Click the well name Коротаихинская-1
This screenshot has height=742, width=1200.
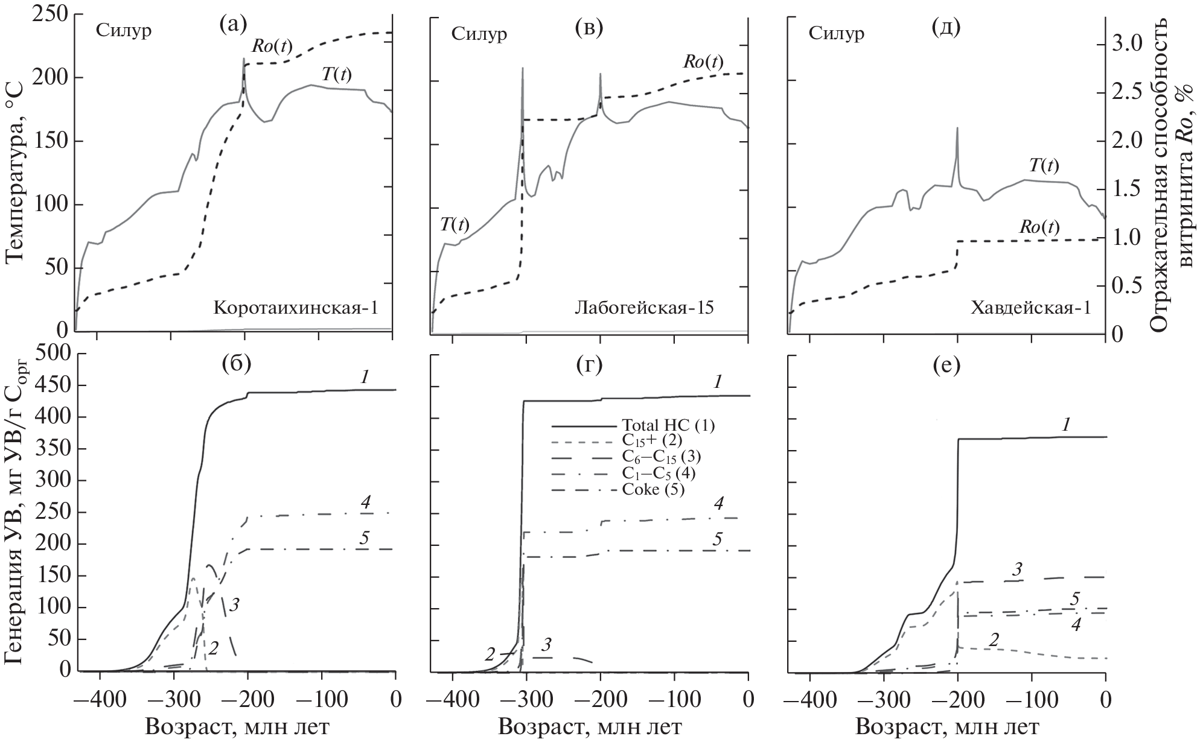tap(296, 308)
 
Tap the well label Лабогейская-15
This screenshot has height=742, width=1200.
tap(643, 308)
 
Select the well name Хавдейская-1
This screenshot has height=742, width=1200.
tap(1030, 308)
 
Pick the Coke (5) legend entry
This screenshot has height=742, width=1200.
tap(653, 489)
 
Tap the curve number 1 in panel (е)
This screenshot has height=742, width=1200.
tap(1066, 425)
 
